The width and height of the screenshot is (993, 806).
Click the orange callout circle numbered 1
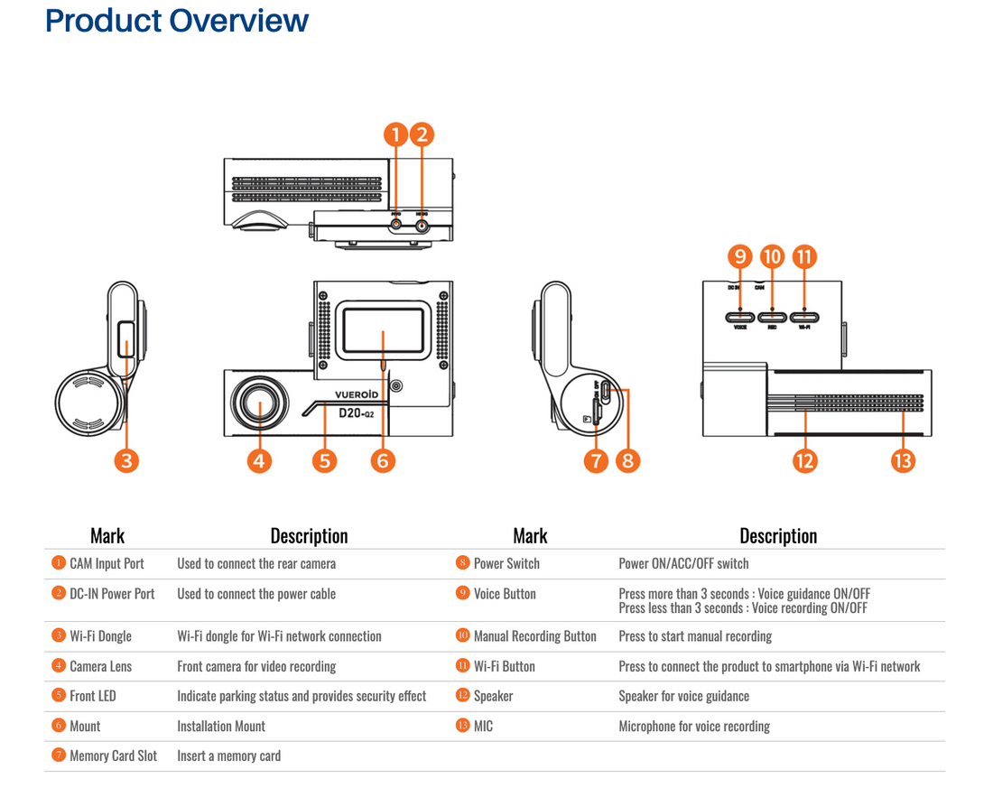(x=395, y=135)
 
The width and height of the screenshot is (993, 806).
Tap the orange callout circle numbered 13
(x=903, y=460)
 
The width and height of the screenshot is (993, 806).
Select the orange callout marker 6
(x=383, y=460)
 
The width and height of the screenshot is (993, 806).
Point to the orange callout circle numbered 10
(x=772, y=257)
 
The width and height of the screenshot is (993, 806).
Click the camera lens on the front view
(x=260, y=406)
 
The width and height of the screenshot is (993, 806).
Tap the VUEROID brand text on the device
(x=361, y=394)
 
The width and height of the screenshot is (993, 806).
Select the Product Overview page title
(x=177, y=21)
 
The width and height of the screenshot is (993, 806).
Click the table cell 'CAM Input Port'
(x=107, y=563)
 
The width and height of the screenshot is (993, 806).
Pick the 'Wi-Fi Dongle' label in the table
(x=100, y=636)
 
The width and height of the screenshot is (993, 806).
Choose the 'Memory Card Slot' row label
(x=113, y=756)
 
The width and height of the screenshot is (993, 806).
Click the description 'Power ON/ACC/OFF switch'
(x=683, y=563)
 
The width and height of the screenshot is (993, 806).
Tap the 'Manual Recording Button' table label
(x=534, y=636)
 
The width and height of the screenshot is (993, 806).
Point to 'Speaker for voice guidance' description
(x=683, y=696)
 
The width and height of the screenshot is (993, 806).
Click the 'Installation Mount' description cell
(x=221, y=726)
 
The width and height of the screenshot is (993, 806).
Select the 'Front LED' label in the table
(x=93, y=696)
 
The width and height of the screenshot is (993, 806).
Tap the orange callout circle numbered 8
(x=627, y=460)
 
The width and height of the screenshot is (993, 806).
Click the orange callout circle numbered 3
(x=127, y=460)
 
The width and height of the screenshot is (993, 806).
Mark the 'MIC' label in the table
(x=483, y=726)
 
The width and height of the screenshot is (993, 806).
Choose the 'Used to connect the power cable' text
(x=256, y=594)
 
